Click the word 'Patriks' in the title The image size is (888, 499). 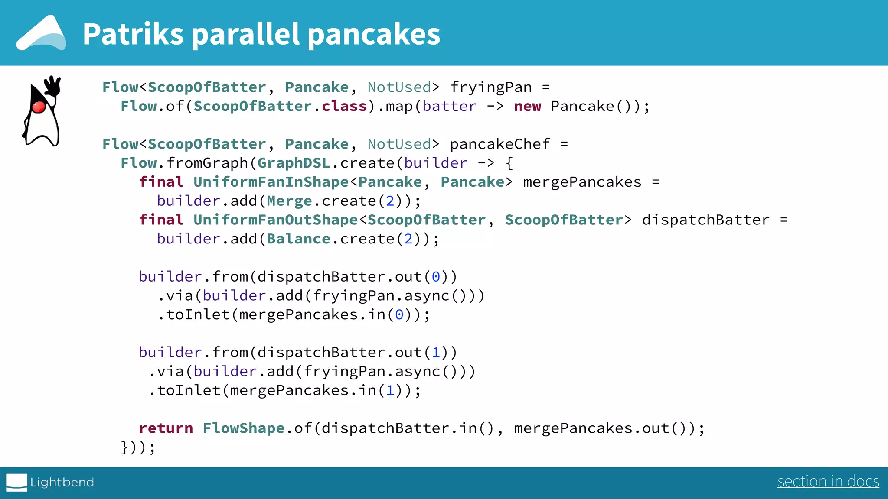coord(133,34)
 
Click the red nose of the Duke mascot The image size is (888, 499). coord(39,107)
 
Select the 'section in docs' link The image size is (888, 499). coord(828,481)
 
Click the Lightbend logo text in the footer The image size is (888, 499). coord(62,482)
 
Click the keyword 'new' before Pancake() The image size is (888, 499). coord(527,107)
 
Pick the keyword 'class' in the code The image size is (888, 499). coord(344,107)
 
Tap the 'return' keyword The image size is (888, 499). coord(166,428)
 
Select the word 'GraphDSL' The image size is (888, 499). coord(294,163)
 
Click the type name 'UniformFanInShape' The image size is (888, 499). coord(271,182)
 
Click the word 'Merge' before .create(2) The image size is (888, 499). coord(289,201)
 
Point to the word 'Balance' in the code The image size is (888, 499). coord(298,239)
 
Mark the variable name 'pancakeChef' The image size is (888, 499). coord(500,144)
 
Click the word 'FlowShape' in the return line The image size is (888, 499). coord(244,428)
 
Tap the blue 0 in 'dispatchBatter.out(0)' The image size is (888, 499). coord(436,277)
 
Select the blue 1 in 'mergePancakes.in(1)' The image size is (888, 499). coord(390,391)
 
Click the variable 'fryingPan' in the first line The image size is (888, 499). coord(491,87)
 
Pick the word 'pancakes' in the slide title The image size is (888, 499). coord(374,34)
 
